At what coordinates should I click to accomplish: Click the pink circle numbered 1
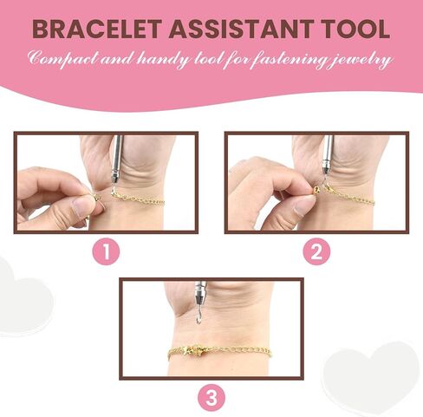[x=106, y=251]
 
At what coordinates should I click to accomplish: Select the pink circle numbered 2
[x=316, y=251]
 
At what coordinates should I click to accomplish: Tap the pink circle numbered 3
[x=211, y=398]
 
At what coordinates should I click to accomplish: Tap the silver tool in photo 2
[x=327, y=159]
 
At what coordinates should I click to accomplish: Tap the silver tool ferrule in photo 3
[x=199, y=293]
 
